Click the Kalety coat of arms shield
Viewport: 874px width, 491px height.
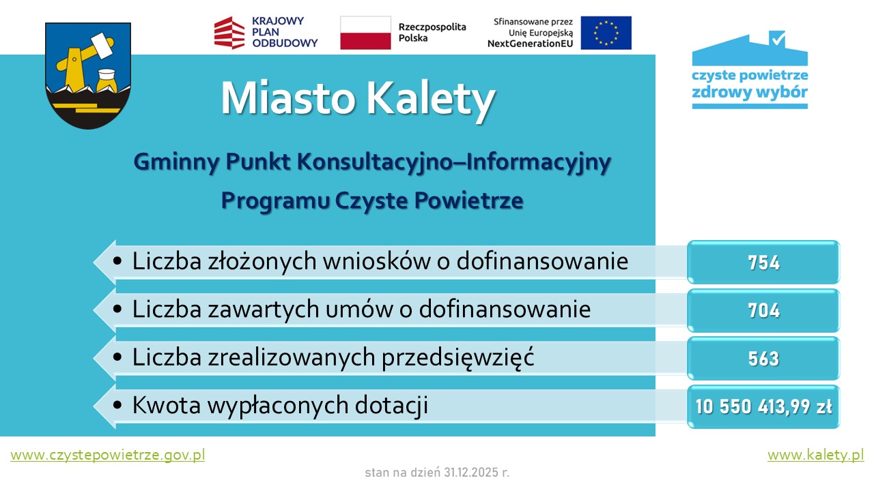tap(88, 75)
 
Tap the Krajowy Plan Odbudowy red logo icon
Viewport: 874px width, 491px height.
tap(229, 33)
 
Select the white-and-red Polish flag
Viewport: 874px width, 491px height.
tap(365, 33)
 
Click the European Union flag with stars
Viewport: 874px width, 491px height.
tap(606, 33)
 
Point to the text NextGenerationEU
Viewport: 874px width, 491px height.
tap(531, 44)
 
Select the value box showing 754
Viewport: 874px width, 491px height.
tap(763, 263)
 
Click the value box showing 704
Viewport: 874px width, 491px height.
tap(763, 311)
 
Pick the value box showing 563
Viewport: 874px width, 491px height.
tap(763, 359)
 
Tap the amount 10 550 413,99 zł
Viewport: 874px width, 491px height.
tap(763, 407)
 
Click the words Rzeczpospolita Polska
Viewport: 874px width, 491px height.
tap(432, 33)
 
